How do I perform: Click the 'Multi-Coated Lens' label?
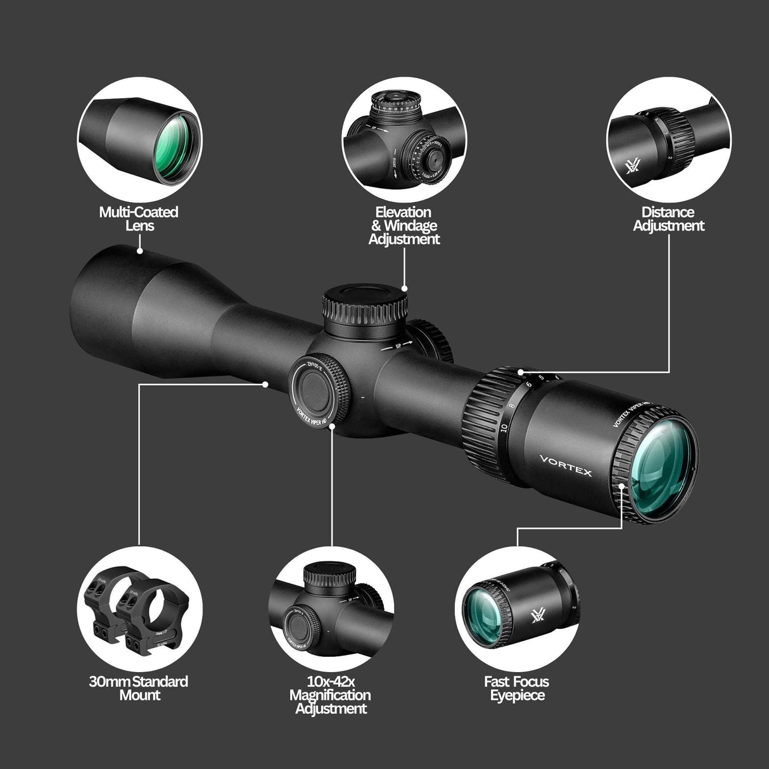pos(139,219)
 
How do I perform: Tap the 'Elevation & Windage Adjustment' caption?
pos(404,226)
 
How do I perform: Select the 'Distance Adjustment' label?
pos(668,219)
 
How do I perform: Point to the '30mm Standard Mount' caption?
pos(139,688)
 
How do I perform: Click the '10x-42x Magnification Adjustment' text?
pos(330,695)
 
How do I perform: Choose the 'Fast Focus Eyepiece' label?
pos(516,689)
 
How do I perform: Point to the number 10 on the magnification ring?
pos(503,427)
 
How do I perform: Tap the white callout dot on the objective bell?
pos(139,251)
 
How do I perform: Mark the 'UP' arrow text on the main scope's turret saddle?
pos(397,344)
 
